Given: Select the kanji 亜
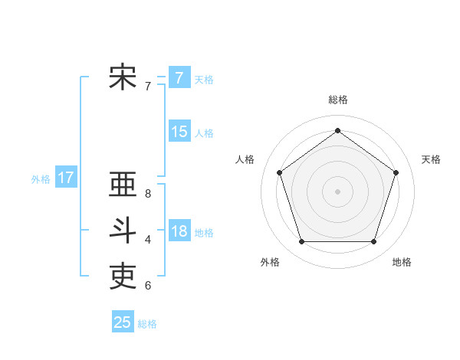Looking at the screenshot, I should click(x=123, y=185).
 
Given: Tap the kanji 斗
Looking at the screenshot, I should click(x=123, y=231).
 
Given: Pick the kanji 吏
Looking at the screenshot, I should click(x=123, y=276).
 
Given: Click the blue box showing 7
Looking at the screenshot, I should click(x=179, y=77).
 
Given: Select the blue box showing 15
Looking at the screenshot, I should click(x=179, y=132).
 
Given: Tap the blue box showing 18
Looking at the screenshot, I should click(x=179, y=231).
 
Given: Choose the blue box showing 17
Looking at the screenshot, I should click(x=65, y=178).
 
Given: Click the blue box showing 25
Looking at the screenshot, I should click(x=123, y=322).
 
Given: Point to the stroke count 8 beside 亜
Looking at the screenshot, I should click(x=148, y=195).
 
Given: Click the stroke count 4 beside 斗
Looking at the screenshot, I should click(x=148, y=240).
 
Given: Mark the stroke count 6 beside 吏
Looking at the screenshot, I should click(x=148, y=286).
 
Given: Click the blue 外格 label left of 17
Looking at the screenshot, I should click(x=41, y=179).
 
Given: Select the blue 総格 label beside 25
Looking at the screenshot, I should click(x=147, y=324).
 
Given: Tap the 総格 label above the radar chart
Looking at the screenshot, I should click(x=337, y=100).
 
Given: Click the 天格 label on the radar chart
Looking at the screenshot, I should click(x=432, y=159).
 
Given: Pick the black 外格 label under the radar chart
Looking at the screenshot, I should click(x=270, y=262).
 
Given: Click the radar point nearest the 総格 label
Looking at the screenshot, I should click(x=337, y=130).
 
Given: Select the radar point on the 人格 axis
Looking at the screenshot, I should click(x=279, y=172).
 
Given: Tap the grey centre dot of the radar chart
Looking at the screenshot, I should click(x=337, y=191).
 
